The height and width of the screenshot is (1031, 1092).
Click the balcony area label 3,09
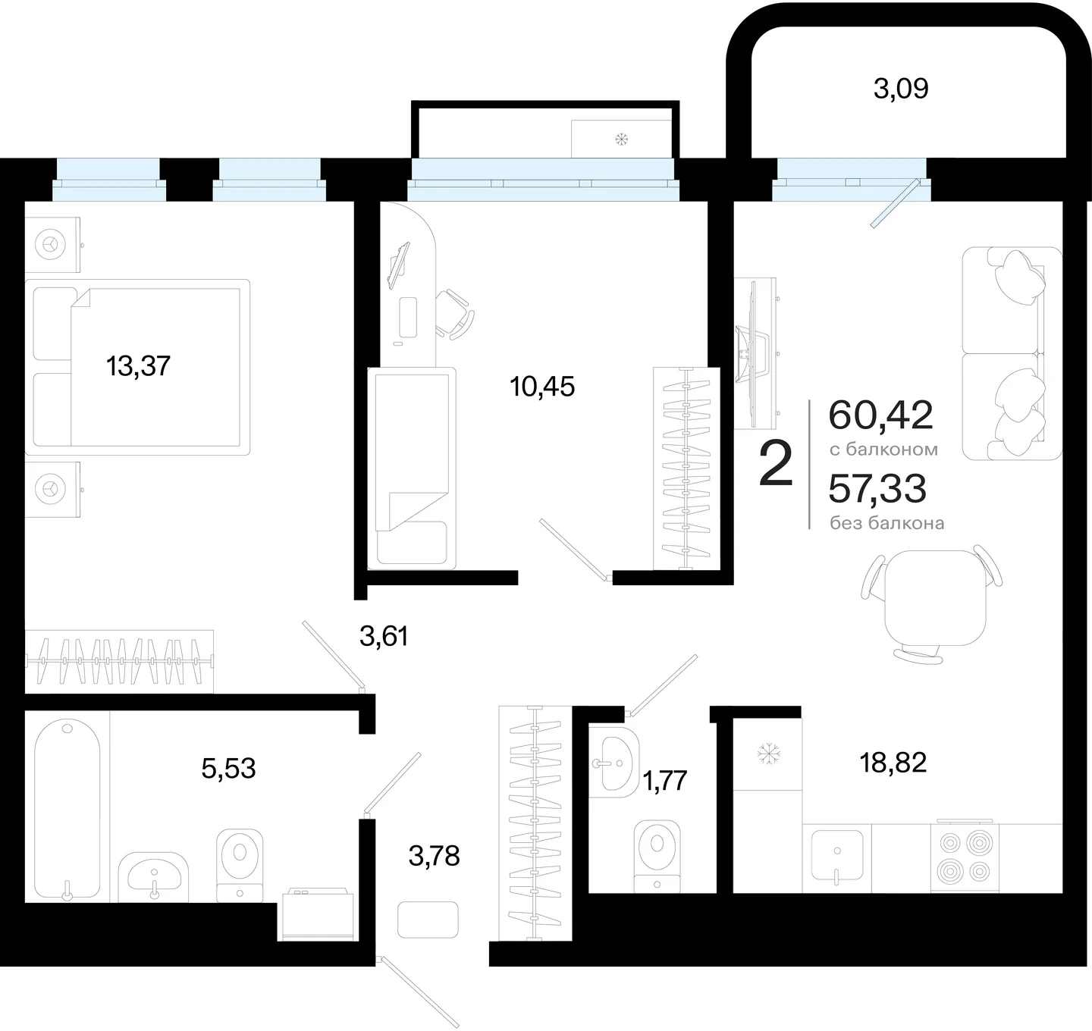[901, 89]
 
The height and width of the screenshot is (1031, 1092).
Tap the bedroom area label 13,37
[138, 366]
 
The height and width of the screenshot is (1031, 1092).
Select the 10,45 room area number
[542, 387]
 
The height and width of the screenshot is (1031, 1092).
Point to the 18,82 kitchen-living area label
[893, 763]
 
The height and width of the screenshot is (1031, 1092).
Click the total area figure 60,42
[881, 415]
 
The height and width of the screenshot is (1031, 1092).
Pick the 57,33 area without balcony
[877, 489]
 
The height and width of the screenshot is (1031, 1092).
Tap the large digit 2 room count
[776, 464]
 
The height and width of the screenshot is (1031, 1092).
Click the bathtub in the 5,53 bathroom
[67, 810]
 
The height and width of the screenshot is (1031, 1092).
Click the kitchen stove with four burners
[965, 857]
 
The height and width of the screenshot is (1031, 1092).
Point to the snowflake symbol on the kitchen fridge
[768, 754]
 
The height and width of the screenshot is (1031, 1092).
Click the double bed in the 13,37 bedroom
[137, 368]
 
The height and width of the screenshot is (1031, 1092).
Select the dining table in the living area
[935, 597]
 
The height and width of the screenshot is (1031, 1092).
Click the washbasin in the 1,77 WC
[613, 762]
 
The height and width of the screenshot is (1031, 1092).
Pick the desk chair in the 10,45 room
[454, 314]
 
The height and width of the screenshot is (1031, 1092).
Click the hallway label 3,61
[384, 637]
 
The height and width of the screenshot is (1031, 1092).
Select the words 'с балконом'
[883, 450]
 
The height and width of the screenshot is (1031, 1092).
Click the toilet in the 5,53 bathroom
[239, 866]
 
